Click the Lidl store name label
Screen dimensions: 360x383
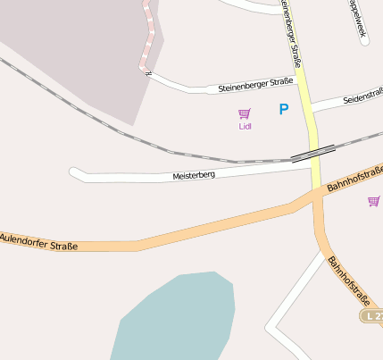pyautogui.click(x=246, y=126)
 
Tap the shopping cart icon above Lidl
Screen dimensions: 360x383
pyautogui.click(x=245, y=113)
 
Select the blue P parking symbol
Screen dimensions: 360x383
pyautogui.click(x=284, y=110)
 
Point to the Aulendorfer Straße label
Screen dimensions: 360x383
pyautogui.click(x=39, y=241)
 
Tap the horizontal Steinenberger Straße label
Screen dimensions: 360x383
pyautogui.click(x=255, y=85)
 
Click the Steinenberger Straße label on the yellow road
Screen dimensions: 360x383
pyautogui.click(x=289, y=36)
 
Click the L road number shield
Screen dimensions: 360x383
pyautogui.click(x=374, y=316)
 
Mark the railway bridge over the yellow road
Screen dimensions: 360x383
pyautogui.click(x=312, y=153)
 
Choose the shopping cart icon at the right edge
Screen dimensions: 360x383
pyautogui.click(x=373, y=201)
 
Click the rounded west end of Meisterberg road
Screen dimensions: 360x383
pyautogui.click(x=75, y=172)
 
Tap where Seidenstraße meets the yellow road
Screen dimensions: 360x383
pyautogui.click(x=312, y=108)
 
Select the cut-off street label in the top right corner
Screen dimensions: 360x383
pyautogui.click(x=357, y=20)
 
